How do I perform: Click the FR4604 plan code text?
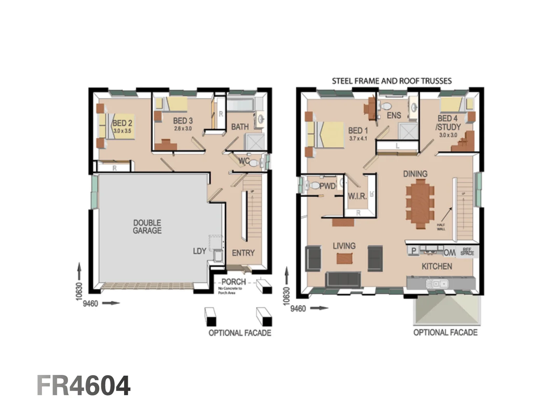click(x=84, y=386)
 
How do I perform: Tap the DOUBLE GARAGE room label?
click(x=147, y=227)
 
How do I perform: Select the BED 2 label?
click(x=122, y=123)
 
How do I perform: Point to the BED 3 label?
click(x=183, y=121)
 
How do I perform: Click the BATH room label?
click(x=240, y=127)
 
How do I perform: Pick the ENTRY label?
click(x=243, y=253)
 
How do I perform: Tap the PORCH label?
click(x=233, y=282)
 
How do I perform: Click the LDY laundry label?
click(x=199, y=251)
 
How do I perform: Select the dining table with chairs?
click(x=420, y=206)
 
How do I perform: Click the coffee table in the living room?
click(x=343, y=259)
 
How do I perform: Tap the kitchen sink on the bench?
click(x=437, y=284)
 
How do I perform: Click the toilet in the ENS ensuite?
click(x=386, y=106)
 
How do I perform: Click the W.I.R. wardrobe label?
click(x=357, y=196)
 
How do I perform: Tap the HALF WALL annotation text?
click(x=441, y=227)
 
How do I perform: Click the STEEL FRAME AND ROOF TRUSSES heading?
click(x=392, y=81)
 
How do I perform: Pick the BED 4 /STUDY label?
click(x=448, y=122)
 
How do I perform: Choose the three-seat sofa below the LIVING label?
click(x=343, y=279)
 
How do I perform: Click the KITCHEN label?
click(x=437, y=266)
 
